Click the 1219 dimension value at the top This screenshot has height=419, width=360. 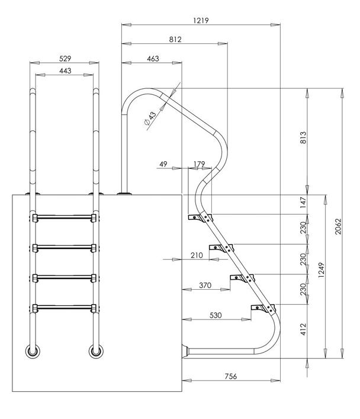[201, 20]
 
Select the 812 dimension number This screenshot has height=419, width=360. [175, 40]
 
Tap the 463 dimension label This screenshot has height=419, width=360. [153, 59]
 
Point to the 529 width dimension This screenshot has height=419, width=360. [65, 59]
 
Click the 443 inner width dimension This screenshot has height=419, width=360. [65, 71]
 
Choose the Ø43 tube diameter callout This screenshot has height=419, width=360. [150, 119]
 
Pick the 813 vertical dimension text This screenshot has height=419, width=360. [303, 137]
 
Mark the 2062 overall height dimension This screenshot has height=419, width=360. [338, 226]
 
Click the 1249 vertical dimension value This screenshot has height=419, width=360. [321, 270]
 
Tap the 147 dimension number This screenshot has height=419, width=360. [303, 203]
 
